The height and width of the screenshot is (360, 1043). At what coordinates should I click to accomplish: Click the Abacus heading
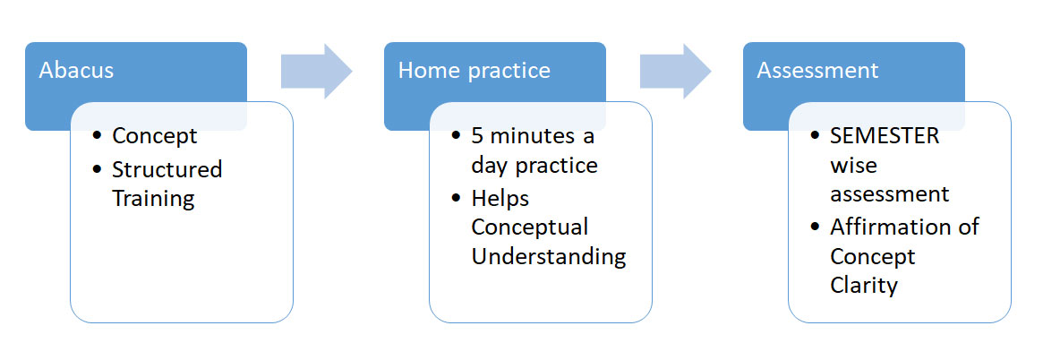click(x=76, y=71)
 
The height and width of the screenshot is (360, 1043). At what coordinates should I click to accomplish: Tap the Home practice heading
click(x=474, y=71)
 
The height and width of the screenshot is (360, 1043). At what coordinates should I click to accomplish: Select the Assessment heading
click(x=817, y=71)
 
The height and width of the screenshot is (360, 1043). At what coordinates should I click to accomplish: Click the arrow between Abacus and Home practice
click(x=317, y=72)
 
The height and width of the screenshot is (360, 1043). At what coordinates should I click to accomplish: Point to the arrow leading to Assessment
click(x=676, y=72)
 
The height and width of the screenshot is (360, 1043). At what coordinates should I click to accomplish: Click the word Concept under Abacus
click(x=154, y=136)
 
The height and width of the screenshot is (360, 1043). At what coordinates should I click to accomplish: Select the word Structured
click(x=167, y=169)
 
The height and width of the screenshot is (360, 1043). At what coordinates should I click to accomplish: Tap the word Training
click(x=153, y=198)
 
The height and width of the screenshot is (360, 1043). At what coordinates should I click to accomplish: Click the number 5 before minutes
click(x=477, y=136)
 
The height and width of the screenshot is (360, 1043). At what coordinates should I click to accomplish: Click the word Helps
click(x=500, y=198)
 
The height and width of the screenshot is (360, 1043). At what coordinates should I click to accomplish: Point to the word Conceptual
click(x=530, y=227)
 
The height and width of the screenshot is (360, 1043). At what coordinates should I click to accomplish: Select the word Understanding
click(x=549, y=257)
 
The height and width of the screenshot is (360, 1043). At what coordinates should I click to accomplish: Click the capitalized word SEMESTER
click(x=885, y=136)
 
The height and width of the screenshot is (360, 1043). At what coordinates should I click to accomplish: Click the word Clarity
click(x=864, y=287)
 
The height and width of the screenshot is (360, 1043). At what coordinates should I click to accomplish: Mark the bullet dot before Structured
click(x=98, y=170)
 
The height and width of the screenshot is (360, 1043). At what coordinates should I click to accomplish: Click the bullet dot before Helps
click(x=457, y=199)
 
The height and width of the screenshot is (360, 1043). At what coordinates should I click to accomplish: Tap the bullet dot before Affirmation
click(x=816, y=228)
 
